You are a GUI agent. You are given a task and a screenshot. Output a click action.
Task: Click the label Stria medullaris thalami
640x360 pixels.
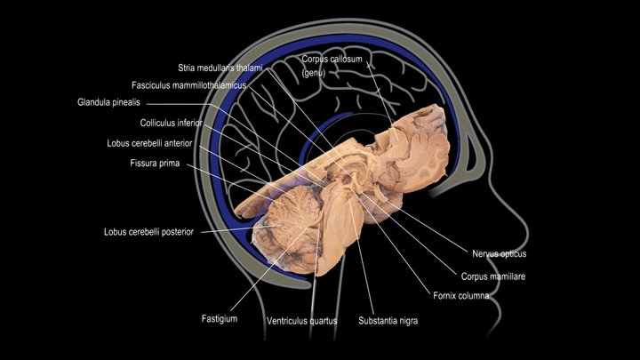coord(220,68)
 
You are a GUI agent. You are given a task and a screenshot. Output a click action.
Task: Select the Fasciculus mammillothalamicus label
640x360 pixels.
coord(189,85)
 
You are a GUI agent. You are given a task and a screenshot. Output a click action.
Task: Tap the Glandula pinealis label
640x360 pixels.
coord(108,102)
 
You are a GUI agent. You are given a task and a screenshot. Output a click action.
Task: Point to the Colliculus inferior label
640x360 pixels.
coord(171,123)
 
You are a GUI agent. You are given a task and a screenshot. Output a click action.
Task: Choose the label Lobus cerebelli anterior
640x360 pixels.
coord(149,143)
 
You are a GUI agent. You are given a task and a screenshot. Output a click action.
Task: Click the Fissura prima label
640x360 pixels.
coord(155,164)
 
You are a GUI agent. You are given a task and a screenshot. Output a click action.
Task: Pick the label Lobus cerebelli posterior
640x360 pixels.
coord(148,232)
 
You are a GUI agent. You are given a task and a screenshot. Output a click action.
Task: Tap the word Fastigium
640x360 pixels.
coord(220,318)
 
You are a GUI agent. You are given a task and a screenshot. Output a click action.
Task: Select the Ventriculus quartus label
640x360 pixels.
coord(301,321)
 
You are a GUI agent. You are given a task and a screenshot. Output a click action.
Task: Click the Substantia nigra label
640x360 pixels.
coord(388,321)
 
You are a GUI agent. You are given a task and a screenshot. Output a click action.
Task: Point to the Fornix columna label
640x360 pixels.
coord(460,295)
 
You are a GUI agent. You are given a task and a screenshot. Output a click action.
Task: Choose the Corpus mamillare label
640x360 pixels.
coord(493,276)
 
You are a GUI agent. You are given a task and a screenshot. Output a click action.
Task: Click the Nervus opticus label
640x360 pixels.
coord(500,254)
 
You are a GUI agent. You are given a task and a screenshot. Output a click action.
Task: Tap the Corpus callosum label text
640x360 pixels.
coord(332,60)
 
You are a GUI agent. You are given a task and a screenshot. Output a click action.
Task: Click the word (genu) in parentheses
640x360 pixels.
coord(314,74)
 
